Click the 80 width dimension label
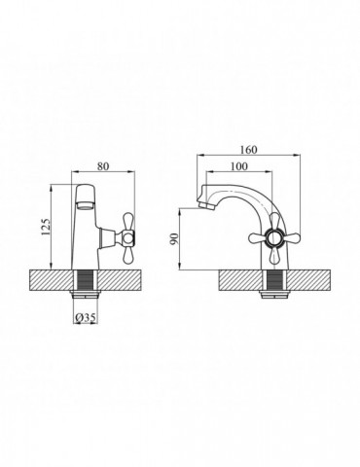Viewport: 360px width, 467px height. (x=103, y=166)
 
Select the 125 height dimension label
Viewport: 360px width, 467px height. (x=46, y=227)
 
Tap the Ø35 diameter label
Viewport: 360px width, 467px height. (x=86, y=318)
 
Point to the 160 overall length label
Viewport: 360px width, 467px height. (x=248, y=150)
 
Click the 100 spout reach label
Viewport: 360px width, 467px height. (x=238, y=166)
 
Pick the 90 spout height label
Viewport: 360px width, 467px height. (x=174, y=238)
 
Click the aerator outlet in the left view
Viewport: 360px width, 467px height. (x=85, y=205)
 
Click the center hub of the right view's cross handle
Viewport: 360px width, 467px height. (x=274, y=238)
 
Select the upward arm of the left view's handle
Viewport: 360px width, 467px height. (x=128, y=221)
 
